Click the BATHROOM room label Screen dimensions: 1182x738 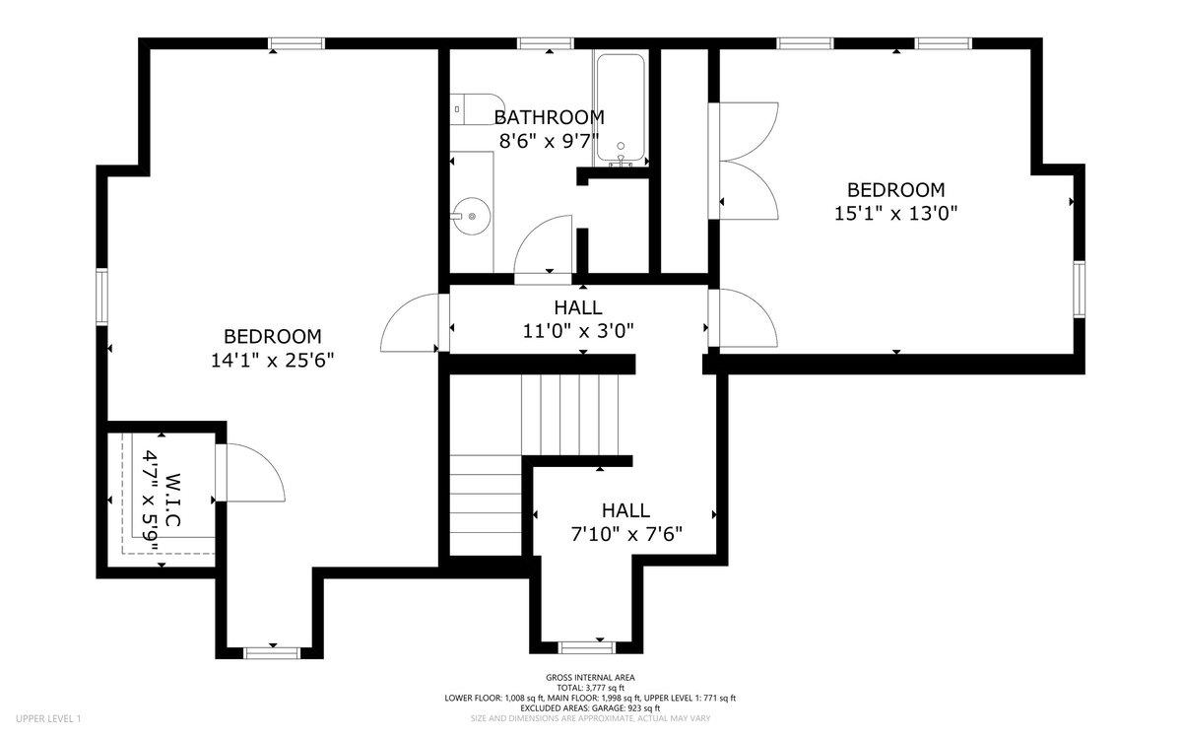tap(550, 117)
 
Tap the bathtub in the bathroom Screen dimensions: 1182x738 tap(621, 108)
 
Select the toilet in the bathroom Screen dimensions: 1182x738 tap(477, 109)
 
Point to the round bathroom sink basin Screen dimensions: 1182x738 tap(471, 217)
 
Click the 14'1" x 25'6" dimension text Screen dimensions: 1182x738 tap(273, 361)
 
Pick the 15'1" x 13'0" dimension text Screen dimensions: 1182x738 tap(896, 213)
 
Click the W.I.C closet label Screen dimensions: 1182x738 tap(173, 500)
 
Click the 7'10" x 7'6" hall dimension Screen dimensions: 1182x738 tap(626, 534)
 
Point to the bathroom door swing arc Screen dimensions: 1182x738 tap(543, 245)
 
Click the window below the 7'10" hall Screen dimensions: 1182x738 tap(587, 647)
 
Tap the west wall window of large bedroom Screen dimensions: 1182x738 tap(101, 296)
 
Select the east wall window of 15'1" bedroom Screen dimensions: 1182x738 tap(1080, 289)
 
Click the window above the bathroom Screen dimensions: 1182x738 tap(545, 43)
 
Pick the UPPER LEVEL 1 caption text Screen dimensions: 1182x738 tap(48, 718)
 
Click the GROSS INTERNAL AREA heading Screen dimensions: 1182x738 tap(590, 677)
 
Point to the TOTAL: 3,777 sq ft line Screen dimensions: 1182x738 tap(590, 688)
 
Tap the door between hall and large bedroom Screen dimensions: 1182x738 tap(416, 322)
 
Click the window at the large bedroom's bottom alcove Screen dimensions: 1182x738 tap(272, 653)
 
